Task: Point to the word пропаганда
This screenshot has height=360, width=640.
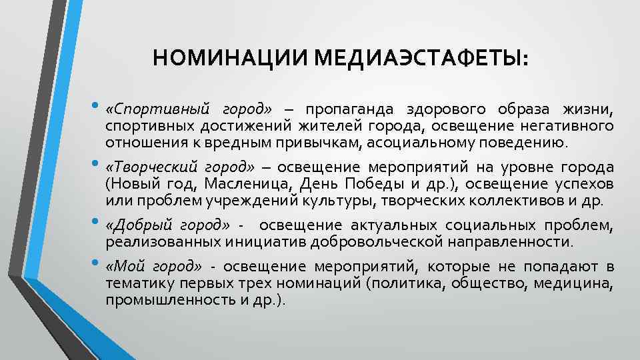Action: [x=345, y=109]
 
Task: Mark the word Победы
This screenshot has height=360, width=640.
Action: [x=360, y=183]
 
